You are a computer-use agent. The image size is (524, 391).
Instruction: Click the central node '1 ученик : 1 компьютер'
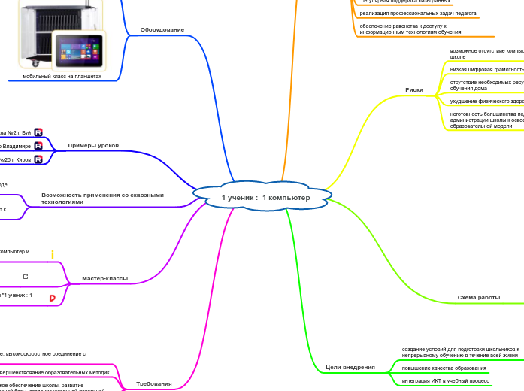pyautogui.click(x=265, y=197)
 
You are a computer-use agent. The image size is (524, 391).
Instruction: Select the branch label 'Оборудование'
pyautogui.click(x=162, y=30)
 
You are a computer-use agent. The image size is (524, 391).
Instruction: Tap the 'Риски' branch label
pyautogui.click(x=414, y=89)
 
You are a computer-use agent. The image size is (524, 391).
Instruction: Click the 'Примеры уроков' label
pyautogui.click(x=93, y=145)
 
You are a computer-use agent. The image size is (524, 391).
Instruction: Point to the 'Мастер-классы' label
pyautogui.click(x=104, y=278)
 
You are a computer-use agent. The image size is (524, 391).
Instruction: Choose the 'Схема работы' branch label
pyautogui.click(x=479, y=298)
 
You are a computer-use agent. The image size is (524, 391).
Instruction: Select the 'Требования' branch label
pyautogui.click(x=153, y=383)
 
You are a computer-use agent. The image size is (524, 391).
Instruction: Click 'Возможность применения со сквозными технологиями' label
pyautogui.click(x=102, y=198)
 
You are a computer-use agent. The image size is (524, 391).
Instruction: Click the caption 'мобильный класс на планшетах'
pyautogui.click(x=62, y=77)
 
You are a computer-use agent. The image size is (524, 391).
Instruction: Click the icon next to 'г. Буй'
pyautogui.click(x=38, y=132)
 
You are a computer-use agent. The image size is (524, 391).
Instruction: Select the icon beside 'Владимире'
pyautogui.click(x=38, y=146)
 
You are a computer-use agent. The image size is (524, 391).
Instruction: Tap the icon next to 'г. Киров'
pyautogui.click(x=38, y=159)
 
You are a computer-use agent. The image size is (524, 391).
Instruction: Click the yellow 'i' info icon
pyautogui.click(x=53, y=254)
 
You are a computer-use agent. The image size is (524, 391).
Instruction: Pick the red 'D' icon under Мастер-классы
pyautogui.click(x=53, y=298)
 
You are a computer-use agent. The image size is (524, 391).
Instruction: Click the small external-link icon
pyautogui.click(x=26, y=277)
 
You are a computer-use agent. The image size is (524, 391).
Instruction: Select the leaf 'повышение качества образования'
pyautogui.click(x=444, y=368)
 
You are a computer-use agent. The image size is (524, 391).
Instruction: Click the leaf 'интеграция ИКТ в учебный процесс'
pyautogui.click(x=447, y=381)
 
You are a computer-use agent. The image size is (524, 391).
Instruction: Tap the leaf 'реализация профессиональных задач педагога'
pyautogui.click(x=418, y=13)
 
